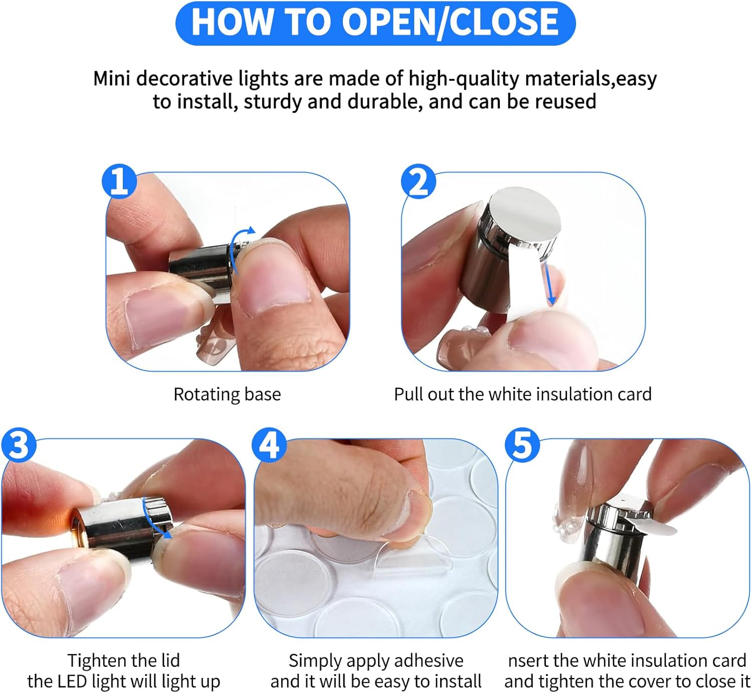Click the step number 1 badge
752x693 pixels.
119,182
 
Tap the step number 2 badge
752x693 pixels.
418,182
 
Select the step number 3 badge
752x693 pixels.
19,446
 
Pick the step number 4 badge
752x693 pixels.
269,446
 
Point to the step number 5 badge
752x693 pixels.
522,446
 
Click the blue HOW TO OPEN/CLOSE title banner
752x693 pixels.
375,23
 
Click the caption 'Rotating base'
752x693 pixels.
227,394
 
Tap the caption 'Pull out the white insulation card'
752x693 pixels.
522,394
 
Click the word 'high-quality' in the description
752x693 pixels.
463,79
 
